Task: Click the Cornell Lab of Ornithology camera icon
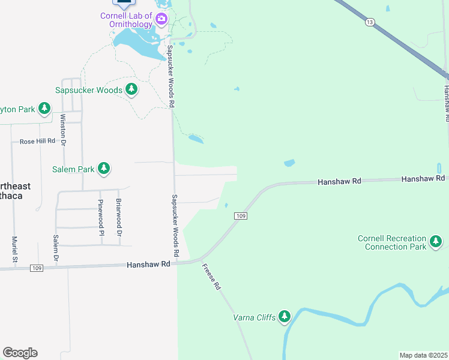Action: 161,19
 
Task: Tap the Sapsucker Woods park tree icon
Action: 131,90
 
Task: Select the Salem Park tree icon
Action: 104,169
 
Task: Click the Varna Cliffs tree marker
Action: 285,317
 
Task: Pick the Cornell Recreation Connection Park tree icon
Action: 436,242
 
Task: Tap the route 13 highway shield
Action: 370,22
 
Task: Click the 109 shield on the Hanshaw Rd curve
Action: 241,216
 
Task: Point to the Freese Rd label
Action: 211,278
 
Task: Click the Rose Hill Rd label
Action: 37,142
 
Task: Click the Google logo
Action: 20,353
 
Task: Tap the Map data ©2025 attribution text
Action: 423,355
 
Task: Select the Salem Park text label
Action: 73,169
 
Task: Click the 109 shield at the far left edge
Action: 37,268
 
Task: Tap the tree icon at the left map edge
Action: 44,108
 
